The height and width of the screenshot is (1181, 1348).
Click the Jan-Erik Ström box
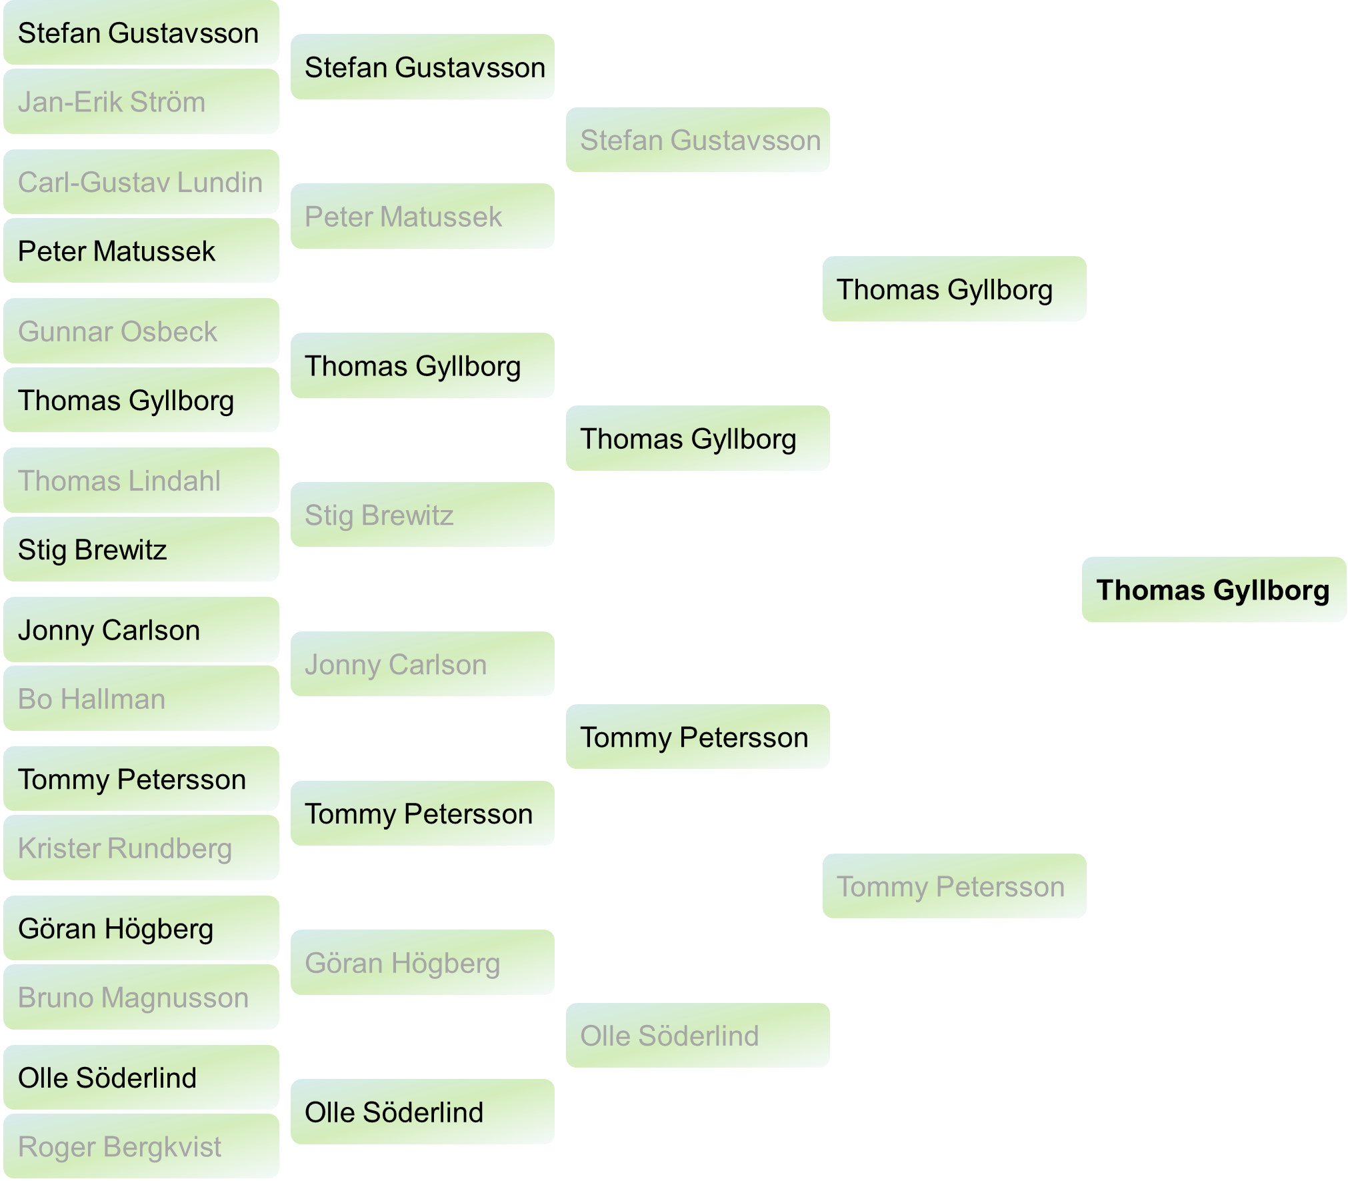[141, 102]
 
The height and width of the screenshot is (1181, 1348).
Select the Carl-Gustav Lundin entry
[141, 182]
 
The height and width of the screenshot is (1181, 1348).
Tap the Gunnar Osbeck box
[141, 331]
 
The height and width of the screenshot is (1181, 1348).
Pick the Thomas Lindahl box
[141, 481]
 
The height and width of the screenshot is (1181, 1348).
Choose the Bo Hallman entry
[141, 699]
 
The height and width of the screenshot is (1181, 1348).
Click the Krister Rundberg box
[141, 848]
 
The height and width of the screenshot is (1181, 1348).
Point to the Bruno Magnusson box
[141, 998]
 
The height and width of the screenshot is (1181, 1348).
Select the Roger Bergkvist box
[141, 1147]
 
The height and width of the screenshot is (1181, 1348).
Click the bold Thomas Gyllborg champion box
[1213, 590]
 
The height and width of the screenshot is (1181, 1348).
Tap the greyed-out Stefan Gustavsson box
[697, 140]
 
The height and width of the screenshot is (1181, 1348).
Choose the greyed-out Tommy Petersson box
[954, 886]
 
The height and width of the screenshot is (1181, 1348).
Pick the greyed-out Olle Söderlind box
[697, 1036]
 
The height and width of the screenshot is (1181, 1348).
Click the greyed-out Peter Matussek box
[422, 217]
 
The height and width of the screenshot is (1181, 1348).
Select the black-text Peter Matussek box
[141, 251]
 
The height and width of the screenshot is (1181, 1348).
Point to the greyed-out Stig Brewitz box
[422, 515]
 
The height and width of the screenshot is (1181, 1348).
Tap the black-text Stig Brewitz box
[141, 549]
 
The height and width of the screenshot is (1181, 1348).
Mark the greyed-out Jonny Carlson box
[422, 664]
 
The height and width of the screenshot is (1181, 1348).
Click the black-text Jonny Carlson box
[141, 630]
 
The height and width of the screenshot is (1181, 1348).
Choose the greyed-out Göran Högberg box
[422, 963]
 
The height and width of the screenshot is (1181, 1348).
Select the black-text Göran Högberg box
[141, 928]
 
